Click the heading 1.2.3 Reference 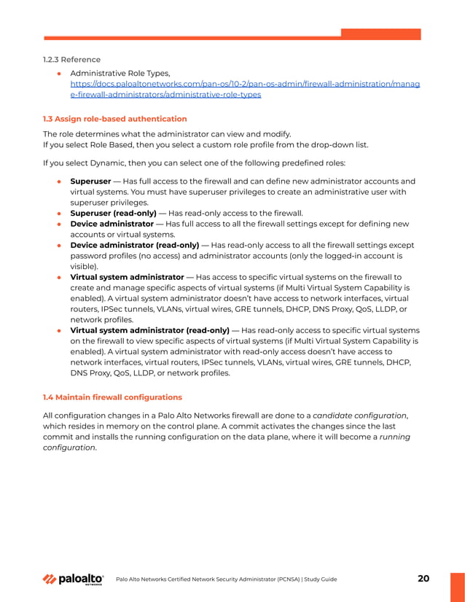tap(71, 59)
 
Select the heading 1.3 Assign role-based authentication tap(114, 118)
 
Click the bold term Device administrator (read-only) tap(135, 245)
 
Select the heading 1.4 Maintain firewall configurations tap(112, 396)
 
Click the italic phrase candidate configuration tap(359, 415)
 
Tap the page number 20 tap(423, 579)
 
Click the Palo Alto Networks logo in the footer tap(73, 579)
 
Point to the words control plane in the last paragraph tap(203, 426)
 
